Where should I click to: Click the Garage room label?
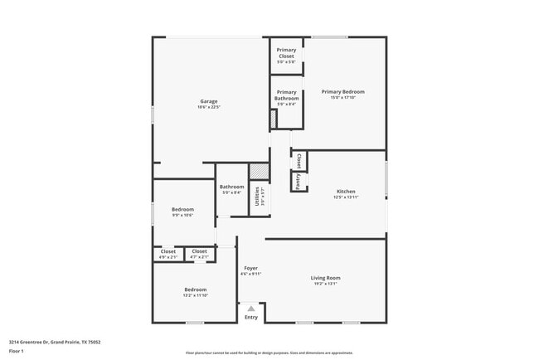coord(208,102)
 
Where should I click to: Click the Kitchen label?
coord(346,191)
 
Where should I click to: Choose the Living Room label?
coord(326,278)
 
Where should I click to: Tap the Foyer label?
coord(250,269)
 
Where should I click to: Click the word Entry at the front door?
coord(251,317)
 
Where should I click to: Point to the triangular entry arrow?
coord(251,308)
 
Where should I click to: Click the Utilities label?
coord(259,197)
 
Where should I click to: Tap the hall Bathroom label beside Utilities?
coord(231,187)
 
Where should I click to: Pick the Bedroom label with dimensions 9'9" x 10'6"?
coord(182,210)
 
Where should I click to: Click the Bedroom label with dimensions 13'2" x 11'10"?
coord(195,289)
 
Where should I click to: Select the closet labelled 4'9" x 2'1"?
coord(168,251)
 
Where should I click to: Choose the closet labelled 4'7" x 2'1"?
coord(200,251)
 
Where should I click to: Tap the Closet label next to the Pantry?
coord(298,160)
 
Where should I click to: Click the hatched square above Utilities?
coord(259,172)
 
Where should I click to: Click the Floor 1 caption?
coord(17,351)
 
